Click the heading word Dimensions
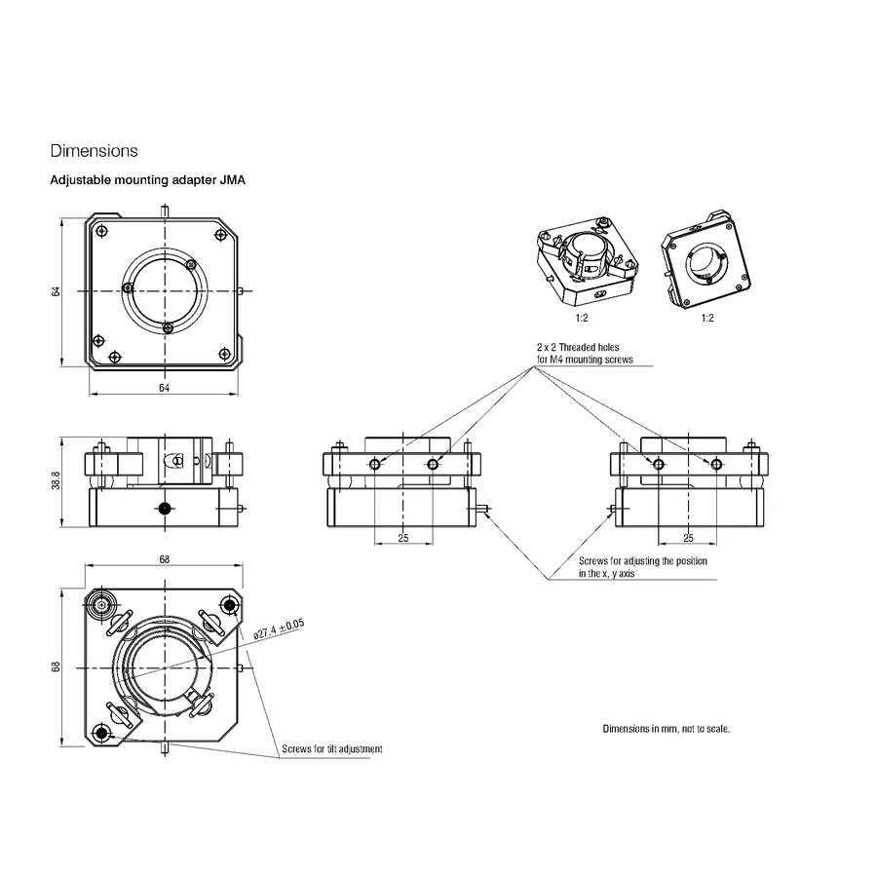(x=94, y=151)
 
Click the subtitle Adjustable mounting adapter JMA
(x=148, y=180)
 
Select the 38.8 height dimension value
(x=56, y=480)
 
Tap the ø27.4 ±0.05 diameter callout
(x=279, y=629)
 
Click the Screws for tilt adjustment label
(x=332, y=749)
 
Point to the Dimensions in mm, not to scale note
(x=667, y=729)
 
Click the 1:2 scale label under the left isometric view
(x=582, y=319)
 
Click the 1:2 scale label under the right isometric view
(x=707, y=319)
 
